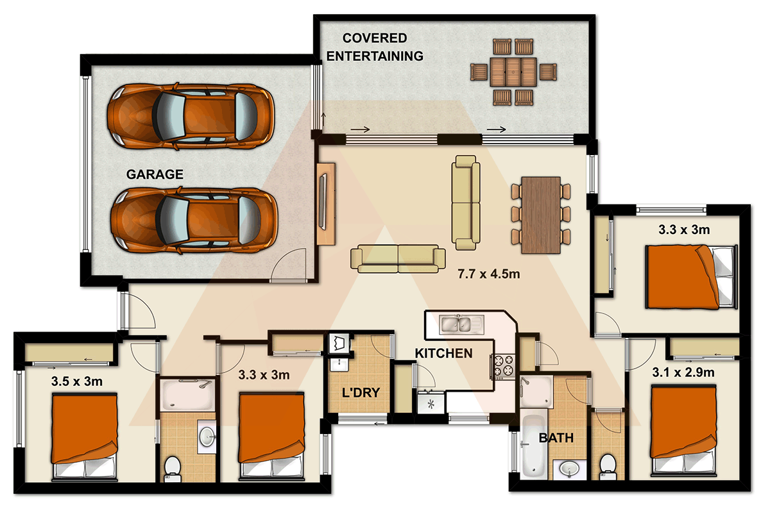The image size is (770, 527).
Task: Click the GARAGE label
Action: click(155, 174)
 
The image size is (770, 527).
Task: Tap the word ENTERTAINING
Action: click(375, 56)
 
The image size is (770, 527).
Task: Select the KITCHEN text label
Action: click(443, 353)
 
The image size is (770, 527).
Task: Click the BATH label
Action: click(556, 439)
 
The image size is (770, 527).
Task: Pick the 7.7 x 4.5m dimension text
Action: click(488, 274)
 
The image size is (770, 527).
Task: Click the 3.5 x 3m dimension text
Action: click(77, 382)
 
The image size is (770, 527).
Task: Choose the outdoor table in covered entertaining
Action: click(513, 71)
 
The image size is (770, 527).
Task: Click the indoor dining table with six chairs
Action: click(541, 214)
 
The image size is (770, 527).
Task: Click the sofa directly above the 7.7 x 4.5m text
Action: click(466, 202)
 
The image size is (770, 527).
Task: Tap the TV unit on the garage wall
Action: click(326, 203)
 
